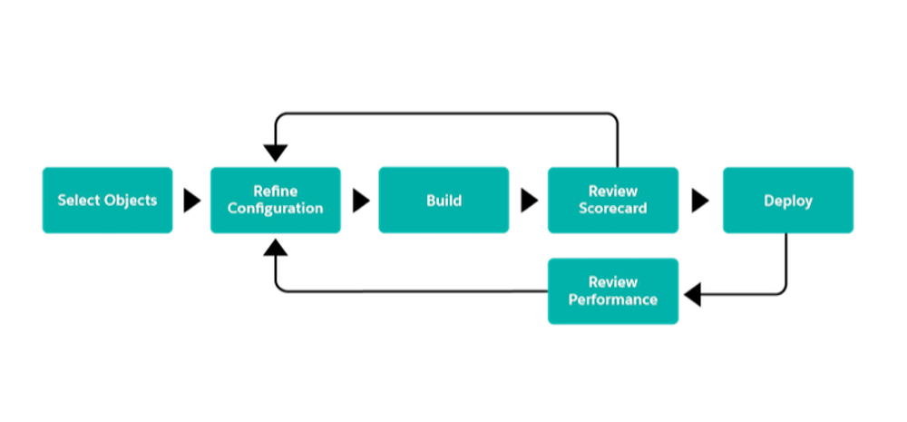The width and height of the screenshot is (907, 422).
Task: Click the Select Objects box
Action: click(x=107, y=201)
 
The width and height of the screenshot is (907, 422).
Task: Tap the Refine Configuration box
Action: click(x=276, y=201)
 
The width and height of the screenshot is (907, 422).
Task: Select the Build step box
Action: click(x=444, y=201)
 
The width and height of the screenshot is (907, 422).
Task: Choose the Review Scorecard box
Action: click(x=612, y=201)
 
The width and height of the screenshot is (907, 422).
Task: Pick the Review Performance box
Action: click(x=612, y=291)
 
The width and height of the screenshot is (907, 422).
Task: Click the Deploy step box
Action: click(x=787, y=201)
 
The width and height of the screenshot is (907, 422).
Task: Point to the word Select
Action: click(x=77, y=201)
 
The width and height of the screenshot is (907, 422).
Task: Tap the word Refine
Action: click(x=275, y=191)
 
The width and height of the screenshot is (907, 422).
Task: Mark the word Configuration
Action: click(x=275, y=209)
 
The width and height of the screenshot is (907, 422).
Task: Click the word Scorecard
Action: click(x=612, y=209)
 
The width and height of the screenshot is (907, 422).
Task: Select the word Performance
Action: click(x=612, y=299)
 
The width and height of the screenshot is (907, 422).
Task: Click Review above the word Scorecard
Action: click(x=612, y=191)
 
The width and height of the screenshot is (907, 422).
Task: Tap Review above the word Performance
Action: click(x=612, y=282)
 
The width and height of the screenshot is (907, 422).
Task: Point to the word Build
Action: click(x=444, y=201)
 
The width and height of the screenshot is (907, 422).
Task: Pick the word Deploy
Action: click(x=787, y=201)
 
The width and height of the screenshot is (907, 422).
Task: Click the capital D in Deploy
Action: click(x=768, y=201)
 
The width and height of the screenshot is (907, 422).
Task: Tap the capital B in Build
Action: click(x=431, y=201)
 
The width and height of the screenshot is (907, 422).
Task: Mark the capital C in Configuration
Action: click(x=232, y=209)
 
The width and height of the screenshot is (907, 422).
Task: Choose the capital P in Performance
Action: click(x=573, y=299)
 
